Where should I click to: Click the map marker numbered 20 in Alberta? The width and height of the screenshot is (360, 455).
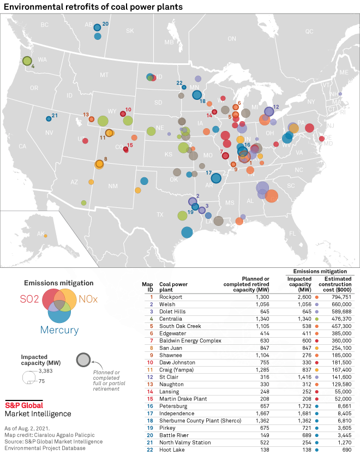(x=97, y=27)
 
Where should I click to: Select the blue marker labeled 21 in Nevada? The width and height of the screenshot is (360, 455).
(x=48, y=118)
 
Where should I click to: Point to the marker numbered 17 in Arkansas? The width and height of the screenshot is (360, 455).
(x=216, y=178)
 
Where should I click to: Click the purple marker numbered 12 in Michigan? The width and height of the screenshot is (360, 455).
(x=269, y=111)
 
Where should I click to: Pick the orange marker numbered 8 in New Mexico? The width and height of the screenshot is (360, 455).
(x=99, y=164)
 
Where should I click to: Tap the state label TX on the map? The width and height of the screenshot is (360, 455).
(x=160, y=214)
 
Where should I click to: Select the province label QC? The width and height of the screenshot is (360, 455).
(x=310, y=31)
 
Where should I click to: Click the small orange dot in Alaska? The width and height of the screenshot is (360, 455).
(x=46, y=236)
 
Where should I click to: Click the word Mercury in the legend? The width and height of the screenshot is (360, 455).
(x=59, y=330)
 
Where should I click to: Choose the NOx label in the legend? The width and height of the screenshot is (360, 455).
(x=88, y=299)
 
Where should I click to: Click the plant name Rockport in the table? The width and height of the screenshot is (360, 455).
(x=170, y=297)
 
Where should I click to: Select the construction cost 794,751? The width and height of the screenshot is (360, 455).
(x=341, y=297)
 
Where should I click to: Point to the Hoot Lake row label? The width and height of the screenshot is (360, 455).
(x=172, y=450)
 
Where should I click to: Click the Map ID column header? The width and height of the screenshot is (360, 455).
(x=147, y=287)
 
